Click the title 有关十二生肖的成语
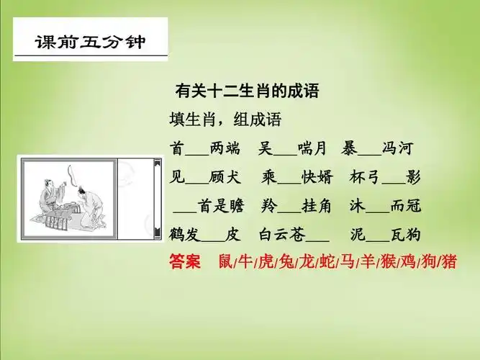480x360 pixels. coord(247,92)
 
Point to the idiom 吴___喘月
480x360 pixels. coord(292,149)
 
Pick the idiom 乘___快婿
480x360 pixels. coord(292,178)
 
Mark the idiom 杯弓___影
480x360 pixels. coord(385,178)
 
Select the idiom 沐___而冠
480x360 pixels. coord(385,207)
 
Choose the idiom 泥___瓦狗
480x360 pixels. coord(385,235)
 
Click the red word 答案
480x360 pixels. coord(184,261)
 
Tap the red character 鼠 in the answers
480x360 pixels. coord(226,261)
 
